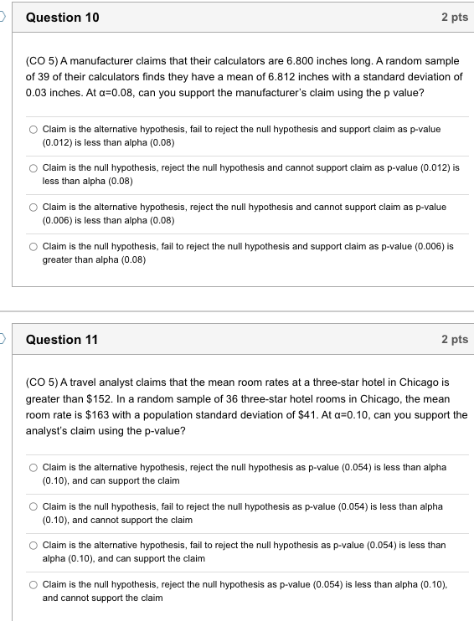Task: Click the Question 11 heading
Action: [62, 339]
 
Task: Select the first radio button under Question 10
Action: [33, 130]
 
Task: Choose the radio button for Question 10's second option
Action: [33, 168]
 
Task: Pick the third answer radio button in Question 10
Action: [33, 208]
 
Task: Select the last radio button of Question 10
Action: [33, 248]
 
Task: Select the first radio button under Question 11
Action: [33, 468]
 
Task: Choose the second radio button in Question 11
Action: [33, 507]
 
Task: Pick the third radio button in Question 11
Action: [33, 546]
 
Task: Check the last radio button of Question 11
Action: [33, 585]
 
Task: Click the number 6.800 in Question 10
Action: [297, 62]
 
